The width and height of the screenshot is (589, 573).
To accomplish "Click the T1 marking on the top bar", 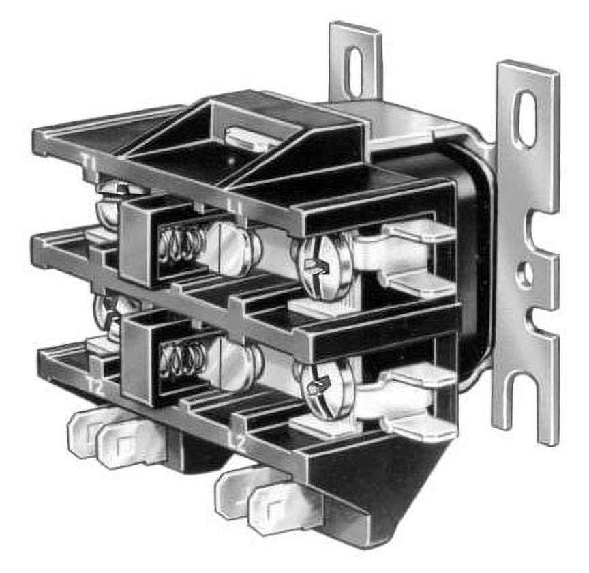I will [x=89, y=162].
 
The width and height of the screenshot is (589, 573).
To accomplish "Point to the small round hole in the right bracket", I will [x=525, y=274].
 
